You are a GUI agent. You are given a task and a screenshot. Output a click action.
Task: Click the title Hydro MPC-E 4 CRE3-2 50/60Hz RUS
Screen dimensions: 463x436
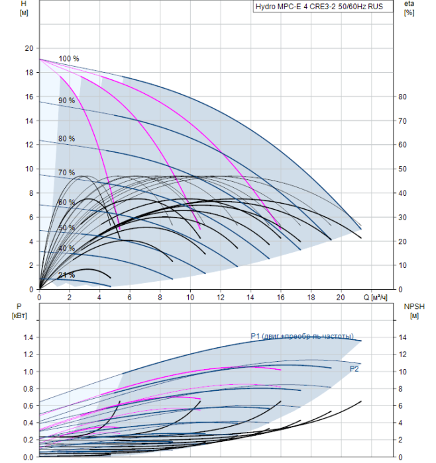tap(317, 7)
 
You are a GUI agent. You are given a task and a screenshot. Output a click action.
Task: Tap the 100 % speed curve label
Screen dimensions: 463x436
tap(68, 59)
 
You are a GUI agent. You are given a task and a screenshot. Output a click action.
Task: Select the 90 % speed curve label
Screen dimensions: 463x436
tap(66, 101)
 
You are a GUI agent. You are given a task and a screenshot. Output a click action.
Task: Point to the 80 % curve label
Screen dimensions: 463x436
tap(66, 139)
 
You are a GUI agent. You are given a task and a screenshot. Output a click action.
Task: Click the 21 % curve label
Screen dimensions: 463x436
tap(66, 275)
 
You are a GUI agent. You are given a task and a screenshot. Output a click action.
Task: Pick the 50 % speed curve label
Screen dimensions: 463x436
tap(66, 228)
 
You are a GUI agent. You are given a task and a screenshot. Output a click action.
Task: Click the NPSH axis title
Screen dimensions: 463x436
tap(412, 310)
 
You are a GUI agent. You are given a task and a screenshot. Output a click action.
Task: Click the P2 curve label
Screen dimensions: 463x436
tap(354, 368)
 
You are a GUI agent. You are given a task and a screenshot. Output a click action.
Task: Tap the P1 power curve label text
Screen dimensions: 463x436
tap(301, 336)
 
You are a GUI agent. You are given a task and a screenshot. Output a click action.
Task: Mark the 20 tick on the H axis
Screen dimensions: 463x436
tap(28, 48)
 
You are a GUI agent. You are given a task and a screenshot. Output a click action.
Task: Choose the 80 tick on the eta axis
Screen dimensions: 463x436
tap(402, 97)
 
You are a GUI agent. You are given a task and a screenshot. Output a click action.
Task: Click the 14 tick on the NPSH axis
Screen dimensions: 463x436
tap(402, 337)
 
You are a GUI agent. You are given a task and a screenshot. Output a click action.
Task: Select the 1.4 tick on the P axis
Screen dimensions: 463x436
tap(27, 337)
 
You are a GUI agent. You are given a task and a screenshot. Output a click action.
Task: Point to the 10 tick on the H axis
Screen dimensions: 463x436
tap(28, 169)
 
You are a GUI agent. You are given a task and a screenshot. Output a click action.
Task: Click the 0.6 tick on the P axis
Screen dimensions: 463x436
tap(27, 405)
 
